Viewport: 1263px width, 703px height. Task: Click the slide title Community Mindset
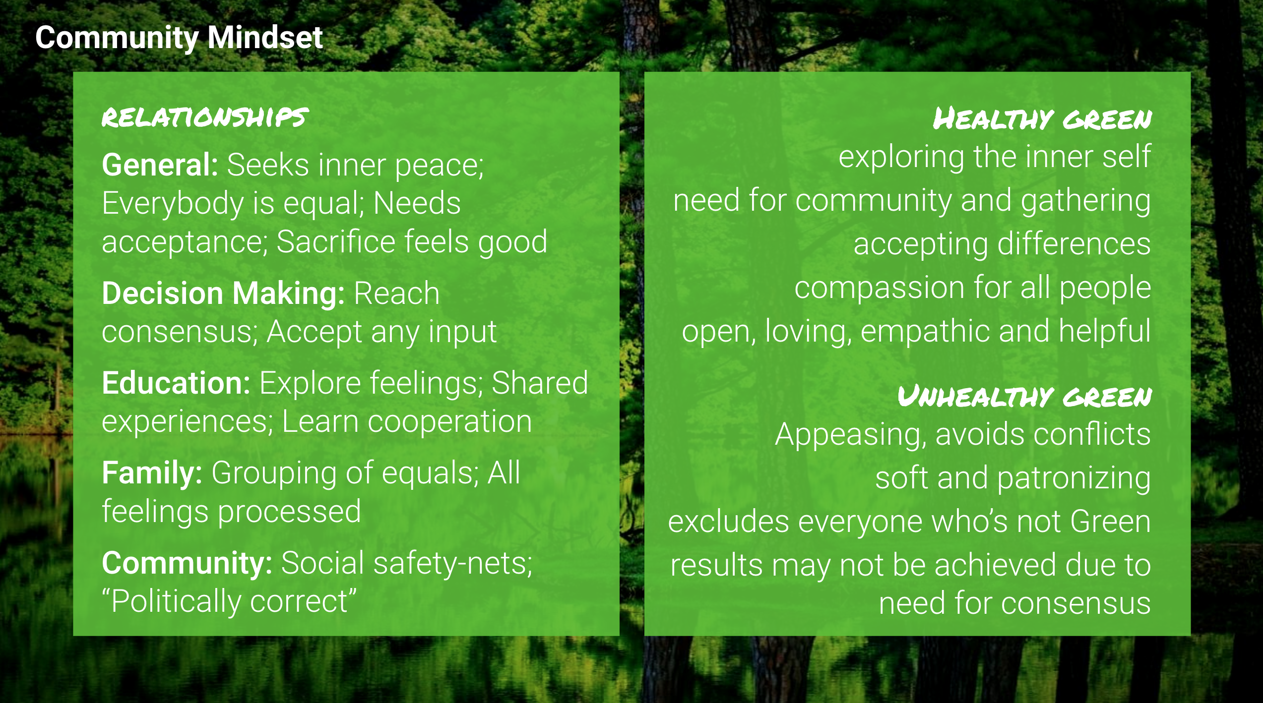pyautogui.click(x=179, y=38)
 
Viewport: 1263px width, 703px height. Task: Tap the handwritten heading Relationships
pyautogui.click(x=205, y=117)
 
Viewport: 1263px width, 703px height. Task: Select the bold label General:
pyautogui.click(x=160, y=165)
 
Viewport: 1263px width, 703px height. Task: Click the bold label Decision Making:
pyautogui.click(x=223, y=293)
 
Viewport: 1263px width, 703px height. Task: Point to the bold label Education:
pyautogui.click(x=176, y=383)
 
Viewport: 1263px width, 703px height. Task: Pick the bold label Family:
pyautogui.click(x=152, y=473)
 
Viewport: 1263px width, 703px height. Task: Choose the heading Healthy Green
pyautogui.click(x=1042, y=119)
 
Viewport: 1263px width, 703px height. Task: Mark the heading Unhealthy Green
pyautogui.click(x=1024, y=397)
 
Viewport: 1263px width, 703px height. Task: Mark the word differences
pyautogui.click(x=1074, y=244)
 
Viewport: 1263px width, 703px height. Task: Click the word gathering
pyautogui.click(x=1086, y=201)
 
